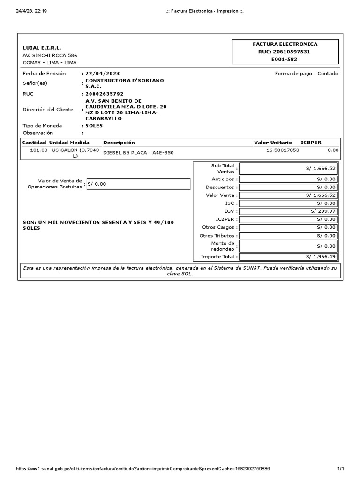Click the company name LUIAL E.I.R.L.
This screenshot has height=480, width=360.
pos(42,48)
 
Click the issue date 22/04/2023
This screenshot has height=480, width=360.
pos(102,74)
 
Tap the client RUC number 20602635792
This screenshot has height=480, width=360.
pos(104,94)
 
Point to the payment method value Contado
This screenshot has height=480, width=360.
pos(328,74)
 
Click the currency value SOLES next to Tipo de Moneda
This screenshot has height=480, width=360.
pos(94,126)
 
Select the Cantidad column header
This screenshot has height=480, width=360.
pos(34,142)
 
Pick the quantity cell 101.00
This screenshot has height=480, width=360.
pos(38,150)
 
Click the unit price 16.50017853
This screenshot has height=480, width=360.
pos(282,150)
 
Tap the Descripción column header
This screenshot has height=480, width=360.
pos(119,142)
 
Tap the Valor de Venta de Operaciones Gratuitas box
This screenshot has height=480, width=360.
pos(138,184)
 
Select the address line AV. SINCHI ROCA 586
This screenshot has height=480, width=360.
pos(50,55)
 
